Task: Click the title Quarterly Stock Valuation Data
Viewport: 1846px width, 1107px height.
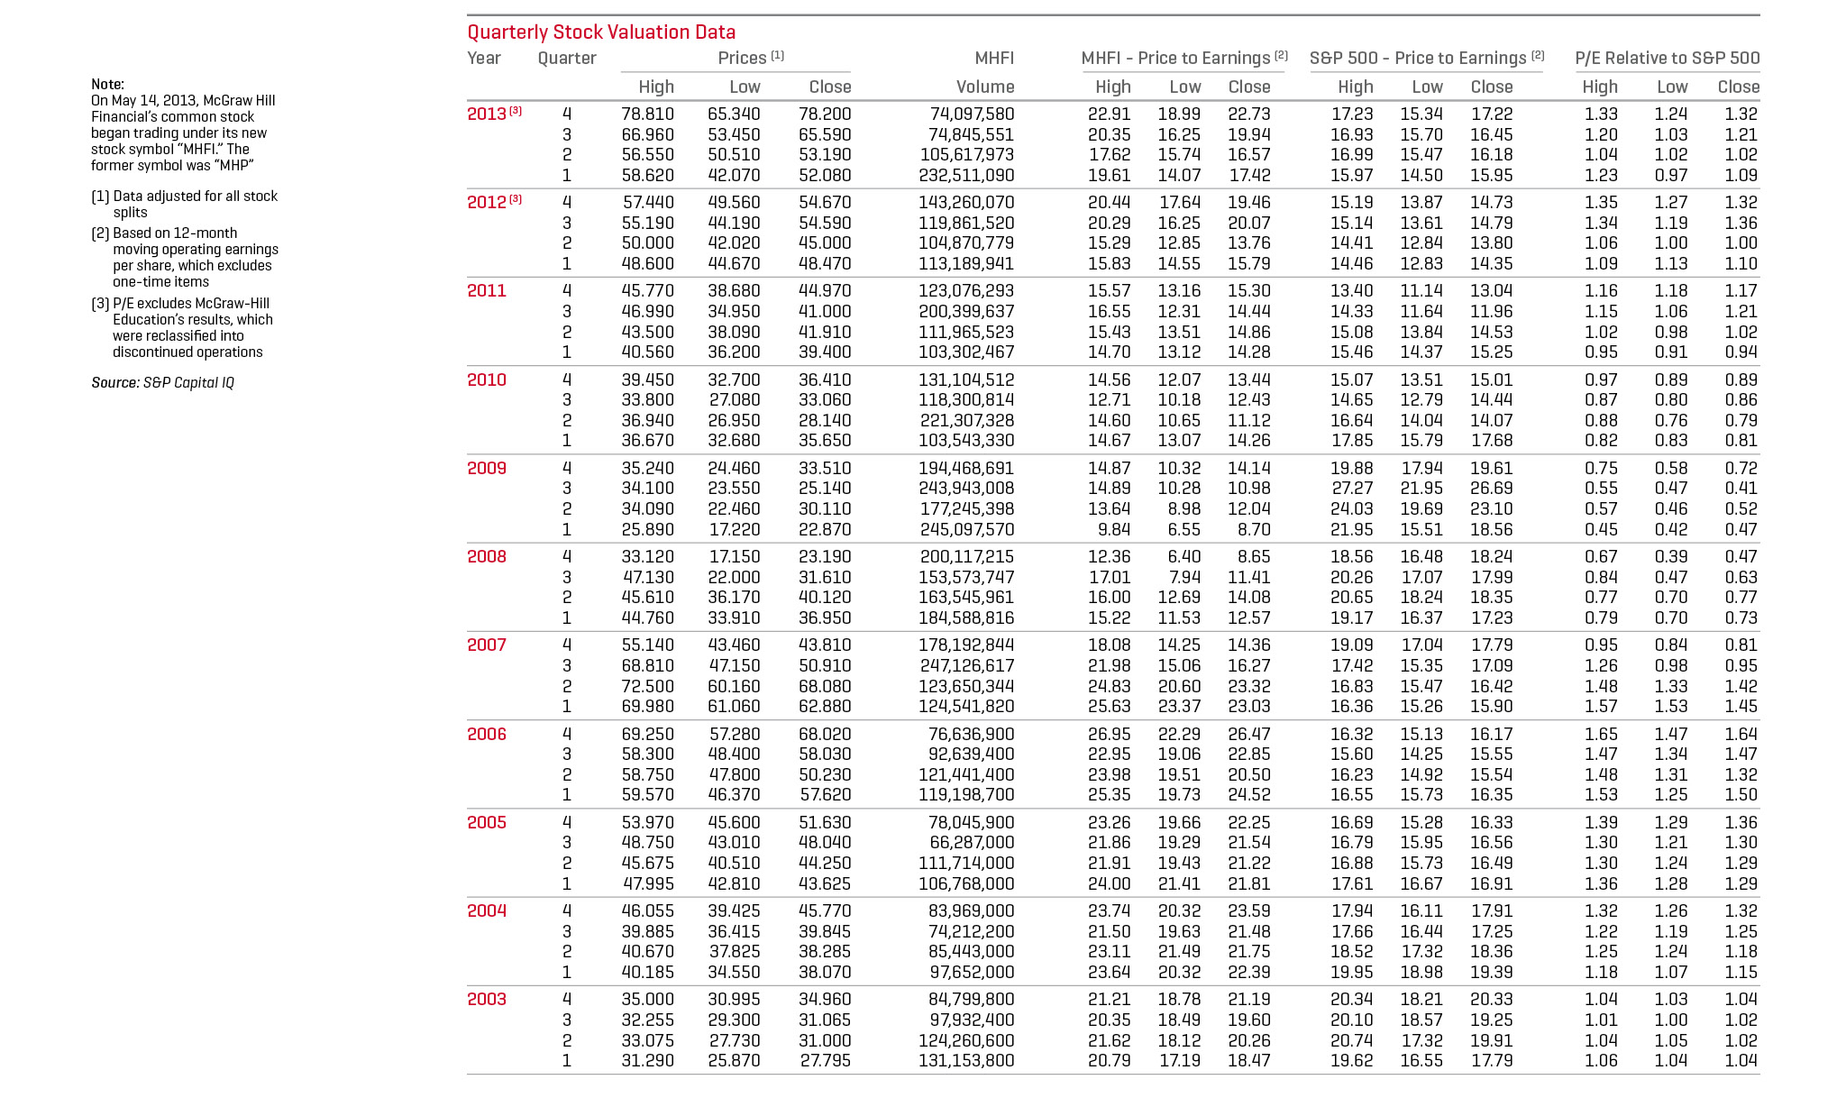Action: pyautogui.click(x=601, y=32)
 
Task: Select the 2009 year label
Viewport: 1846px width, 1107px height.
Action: pyautogui.click(x=487, y=468)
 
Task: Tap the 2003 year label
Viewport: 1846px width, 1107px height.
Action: pyautogui.click(x=487, y=999)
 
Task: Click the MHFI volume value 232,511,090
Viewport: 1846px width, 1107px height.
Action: pyautogui.click(x=966, y=176)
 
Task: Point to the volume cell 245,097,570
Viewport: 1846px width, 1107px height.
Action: pyautogui.click(x=966, y=530)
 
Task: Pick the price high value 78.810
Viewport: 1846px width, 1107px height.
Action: pyautogui.click(x=647, y=114)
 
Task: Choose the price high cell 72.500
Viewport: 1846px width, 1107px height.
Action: pyautogui.click(x=647, y=686)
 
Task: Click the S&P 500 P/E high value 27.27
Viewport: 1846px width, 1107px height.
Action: pyautogui.click(x=1352, y=489)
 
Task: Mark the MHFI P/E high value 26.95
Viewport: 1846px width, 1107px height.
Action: pyautogui.click(x=1109, y=734)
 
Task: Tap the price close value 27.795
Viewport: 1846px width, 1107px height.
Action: pyautogui.click(x=825, y=1061)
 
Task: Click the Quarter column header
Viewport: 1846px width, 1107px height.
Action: pyautogui.click(x=567, y=59)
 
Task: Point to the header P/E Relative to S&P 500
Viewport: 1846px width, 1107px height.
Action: pyautogui.click(x=1667, y=59)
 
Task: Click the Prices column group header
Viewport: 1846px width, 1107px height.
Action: pyautogui.click(x=742, y=59)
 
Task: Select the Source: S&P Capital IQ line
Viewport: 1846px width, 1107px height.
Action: pyautogui.click(x=162, y=383)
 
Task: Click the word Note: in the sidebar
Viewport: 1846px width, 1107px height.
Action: pyautogui.click(x=107, y=85)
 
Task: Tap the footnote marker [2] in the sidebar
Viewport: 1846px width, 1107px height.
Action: pyautogui.click(x=100, y=233)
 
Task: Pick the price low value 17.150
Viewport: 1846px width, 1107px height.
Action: pyautogui.click(x=734, y=557)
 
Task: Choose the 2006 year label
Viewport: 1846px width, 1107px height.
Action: pyautogui.click(x=487, y=734)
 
